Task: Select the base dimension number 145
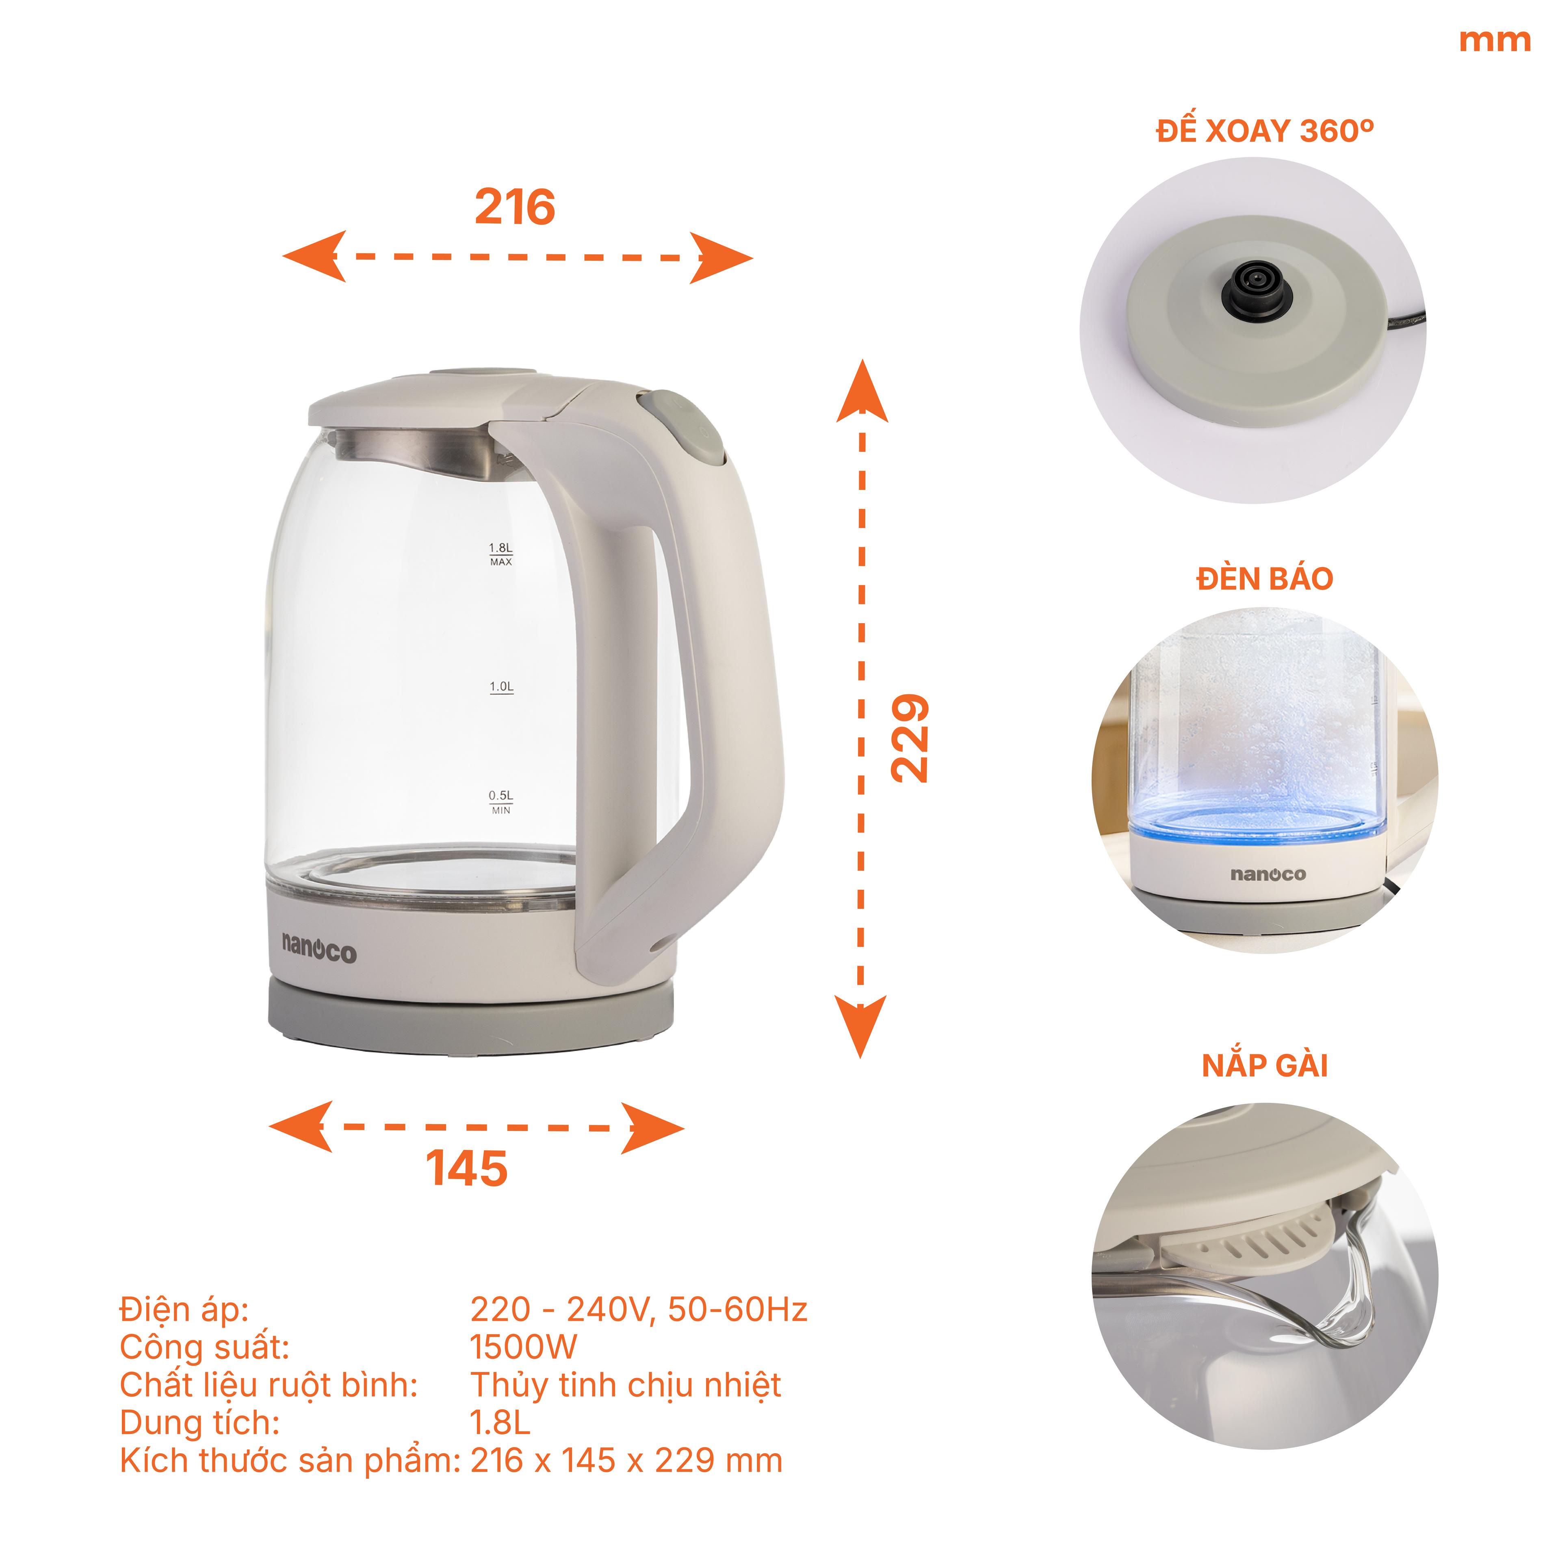[467, 1168]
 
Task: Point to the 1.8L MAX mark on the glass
[500, 554]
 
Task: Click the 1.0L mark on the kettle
[500, 687]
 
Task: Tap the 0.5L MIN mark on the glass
[500, 802]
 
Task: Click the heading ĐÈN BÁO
[1265, 579]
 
